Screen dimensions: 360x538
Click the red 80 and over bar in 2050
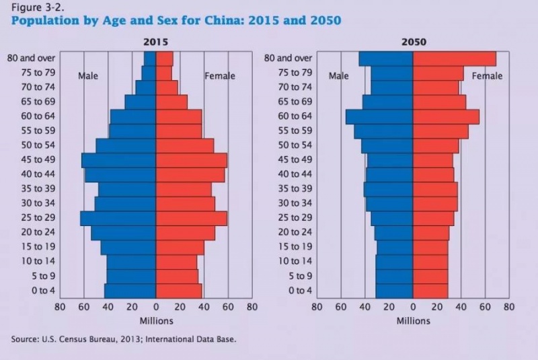455,59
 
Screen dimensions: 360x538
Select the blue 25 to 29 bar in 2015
118,218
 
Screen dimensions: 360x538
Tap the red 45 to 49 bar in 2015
191,160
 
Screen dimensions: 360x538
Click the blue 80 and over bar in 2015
149,59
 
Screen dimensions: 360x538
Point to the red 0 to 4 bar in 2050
430,290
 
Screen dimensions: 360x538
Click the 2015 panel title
155,42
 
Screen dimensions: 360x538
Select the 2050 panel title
413,42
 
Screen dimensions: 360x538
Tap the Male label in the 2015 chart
88,76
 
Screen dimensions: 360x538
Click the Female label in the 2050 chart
487,76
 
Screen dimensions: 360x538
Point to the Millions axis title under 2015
156,320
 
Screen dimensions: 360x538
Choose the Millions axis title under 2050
413,320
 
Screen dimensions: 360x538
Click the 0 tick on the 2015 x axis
156,307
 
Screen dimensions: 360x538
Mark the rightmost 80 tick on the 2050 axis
509,307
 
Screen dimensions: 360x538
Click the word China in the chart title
225,21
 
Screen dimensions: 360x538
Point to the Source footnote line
124,339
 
